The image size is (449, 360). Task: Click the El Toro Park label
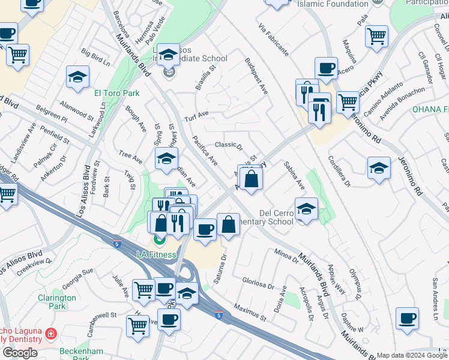[116, 93]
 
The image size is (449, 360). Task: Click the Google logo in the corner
[20, 353]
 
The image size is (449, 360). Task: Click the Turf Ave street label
[196, 114]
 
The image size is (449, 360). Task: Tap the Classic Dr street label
[228, 145]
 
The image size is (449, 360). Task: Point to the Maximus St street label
[250, 311]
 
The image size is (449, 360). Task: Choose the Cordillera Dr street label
[339, 172]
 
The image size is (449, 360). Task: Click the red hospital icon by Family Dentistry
[52, 333]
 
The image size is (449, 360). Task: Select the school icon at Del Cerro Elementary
[306, 210]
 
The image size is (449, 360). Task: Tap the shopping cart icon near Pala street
[376, 35]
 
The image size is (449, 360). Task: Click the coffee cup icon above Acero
[326, 68]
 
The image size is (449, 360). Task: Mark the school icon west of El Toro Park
[77, 77]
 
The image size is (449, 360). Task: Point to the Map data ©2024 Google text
[412, 355]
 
